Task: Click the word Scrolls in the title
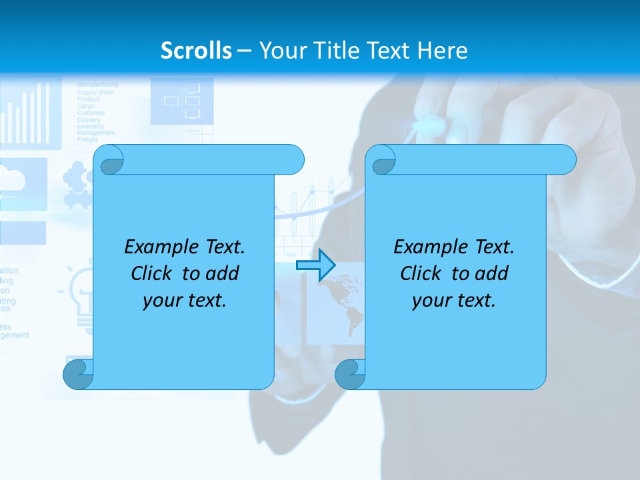tap(197, 51)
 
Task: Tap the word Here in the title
tap(442, 51)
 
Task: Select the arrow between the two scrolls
tap(315, 265)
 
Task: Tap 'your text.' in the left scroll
tap(185, 300)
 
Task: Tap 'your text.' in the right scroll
tap(454, 300)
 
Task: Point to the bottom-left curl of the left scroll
tap(77, 374)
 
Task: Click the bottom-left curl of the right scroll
tap(349, 374)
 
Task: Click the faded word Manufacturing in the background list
tap(97, 85)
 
